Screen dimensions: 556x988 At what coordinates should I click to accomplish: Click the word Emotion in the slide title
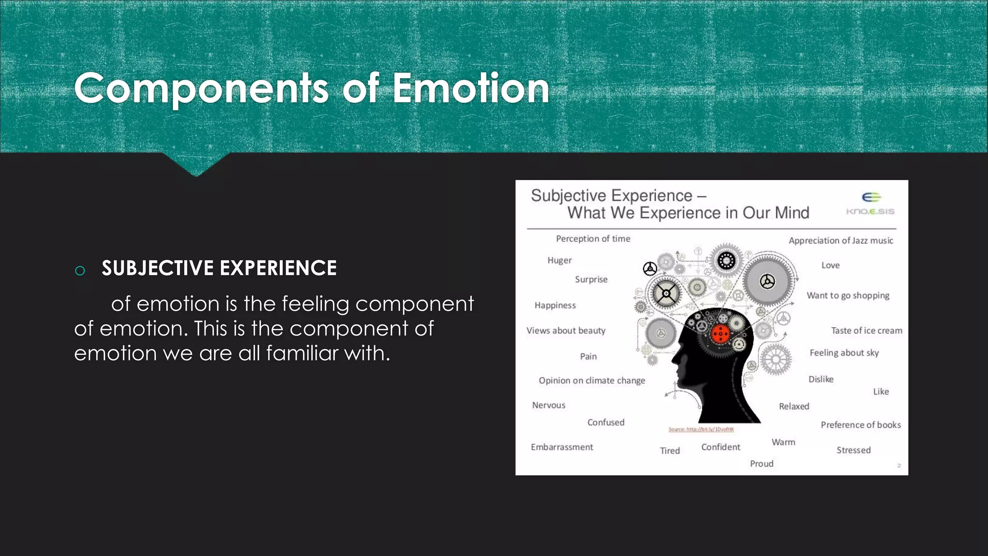pos(470,88)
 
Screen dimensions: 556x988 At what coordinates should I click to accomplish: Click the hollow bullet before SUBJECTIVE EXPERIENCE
pos(80,271)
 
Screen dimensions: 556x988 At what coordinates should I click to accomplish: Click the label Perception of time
pos(593,238)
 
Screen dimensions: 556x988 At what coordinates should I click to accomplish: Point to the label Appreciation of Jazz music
pos(840,240)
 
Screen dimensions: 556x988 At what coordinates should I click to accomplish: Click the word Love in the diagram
pos(830,265)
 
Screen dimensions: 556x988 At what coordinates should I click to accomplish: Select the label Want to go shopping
pos(848,295)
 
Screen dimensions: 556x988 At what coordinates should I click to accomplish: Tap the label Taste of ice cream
pos(866,331)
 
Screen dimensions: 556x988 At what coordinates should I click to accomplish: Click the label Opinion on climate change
pos(591,380)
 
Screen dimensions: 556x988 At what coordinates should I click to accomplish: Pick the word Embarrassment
pos(562,447)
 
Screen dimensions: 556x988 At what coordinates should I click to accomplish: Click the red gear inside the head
pos(720,334)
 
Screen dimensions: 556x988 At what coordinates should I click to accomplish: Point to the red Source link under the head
pos(700,429)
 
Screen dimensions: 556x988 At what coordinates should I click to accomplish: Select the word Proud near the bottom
pos(761,464)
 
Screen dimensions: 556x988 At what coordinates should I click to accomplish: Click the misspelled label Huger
pos(559,261)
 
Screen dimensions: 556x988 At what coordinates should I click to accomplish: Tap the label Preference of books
pos(861,425)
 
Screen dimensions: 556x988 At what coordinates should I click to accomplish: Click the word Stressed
pos(853,450)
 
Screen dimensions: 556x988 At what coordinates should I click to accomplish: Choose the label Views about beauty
pos(565,331)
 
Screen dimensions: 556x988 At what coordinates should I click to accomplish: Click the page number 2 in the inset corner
pos(899,465)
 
